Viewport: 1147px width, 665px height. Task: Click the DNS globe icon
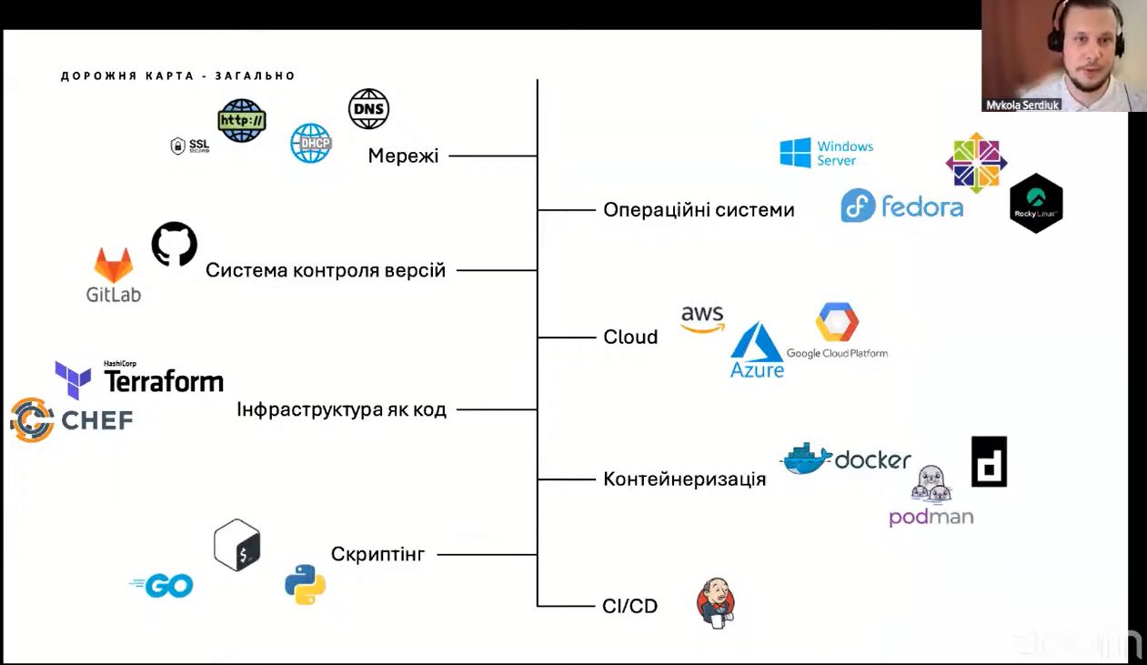(x=368, y=109)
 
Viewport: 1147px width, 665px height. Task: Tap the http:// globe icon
(x=242, y=120)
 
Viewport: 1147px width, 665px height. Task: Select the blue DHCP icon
(x=311, y=143)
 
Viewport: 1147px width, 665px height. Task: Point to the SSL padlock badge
(x=190, y=146)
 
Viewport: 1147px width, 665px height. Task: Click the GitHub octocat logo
(x=175, y=244)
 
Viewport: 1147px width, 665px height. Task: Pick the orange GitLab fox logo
(x=114, y=266)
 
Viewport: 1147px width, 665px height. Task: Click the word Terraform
(x=164, y=381)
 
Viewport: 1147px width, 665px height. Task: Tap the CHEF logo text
(x=96, y=419)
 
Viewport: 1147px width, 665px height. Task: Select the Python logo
(x=306, y=584)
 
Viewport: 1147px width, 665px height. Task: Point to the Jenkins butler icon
(x=716, y=602)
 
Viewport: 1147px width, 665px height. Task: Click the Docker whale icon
(x=806, y=458)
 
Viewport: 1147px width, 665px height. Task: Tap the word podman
(x=931, y=518)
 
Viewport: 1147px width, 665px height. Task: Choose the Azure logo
(x=757, y=350)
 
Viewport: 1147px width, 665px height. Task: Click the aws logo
(x=702, y=318)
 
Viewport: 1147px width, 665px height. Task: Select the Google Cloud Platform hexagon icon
(x=837, y=323)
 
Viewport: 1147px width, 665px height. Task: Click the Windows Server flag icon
(x=795, y=153)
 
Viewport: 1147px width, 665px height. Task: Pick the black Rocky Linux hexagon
(x=1036, y=203)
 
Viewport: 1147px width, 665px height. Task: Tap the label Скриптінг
(x=377, y=553)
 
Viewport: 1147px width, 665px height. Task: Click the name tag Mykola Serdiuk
(x=1023, y=105)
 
